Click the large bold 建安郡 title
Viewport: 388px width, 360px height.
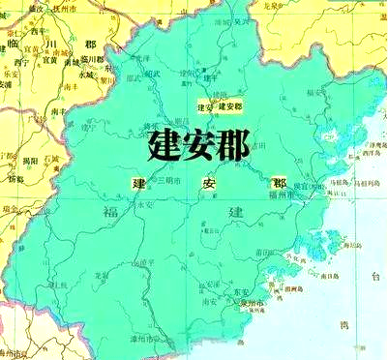click(199, 145)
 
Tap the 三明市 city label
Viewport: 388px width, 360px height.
click(161, 181)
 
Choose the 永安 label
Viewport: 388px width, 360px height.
click(145, 205)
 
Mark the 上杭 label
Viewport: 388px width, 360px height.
click(60, 285)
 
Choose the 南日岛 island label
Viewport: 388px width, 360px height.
click(329, 277)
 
